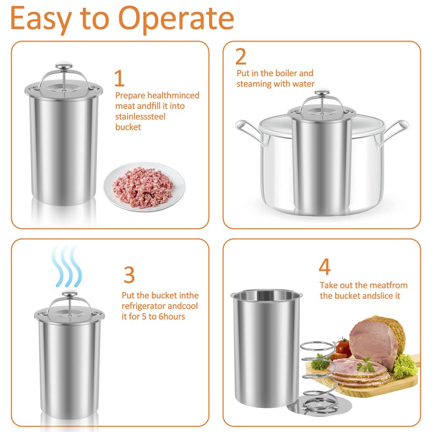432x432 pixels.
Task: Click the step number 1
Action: coord(119,78)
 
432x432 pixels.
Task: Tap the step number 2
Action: coord(241,57)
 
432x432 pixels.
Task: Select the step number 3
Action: coord(129,275)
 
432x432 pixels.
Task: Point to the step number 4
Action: coord(324,267)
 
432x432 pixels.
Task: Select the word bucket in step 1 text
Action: coord(128,127)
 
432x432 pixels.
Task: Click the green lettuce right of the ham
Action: coord(405,365)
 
